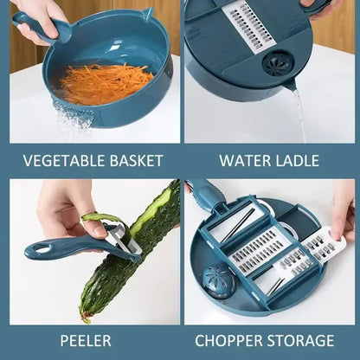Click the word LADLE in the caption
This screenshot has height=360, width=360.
click(x=297, y=160)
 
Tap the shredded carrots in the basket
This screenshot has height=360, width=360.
click(x=95, y=83)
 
